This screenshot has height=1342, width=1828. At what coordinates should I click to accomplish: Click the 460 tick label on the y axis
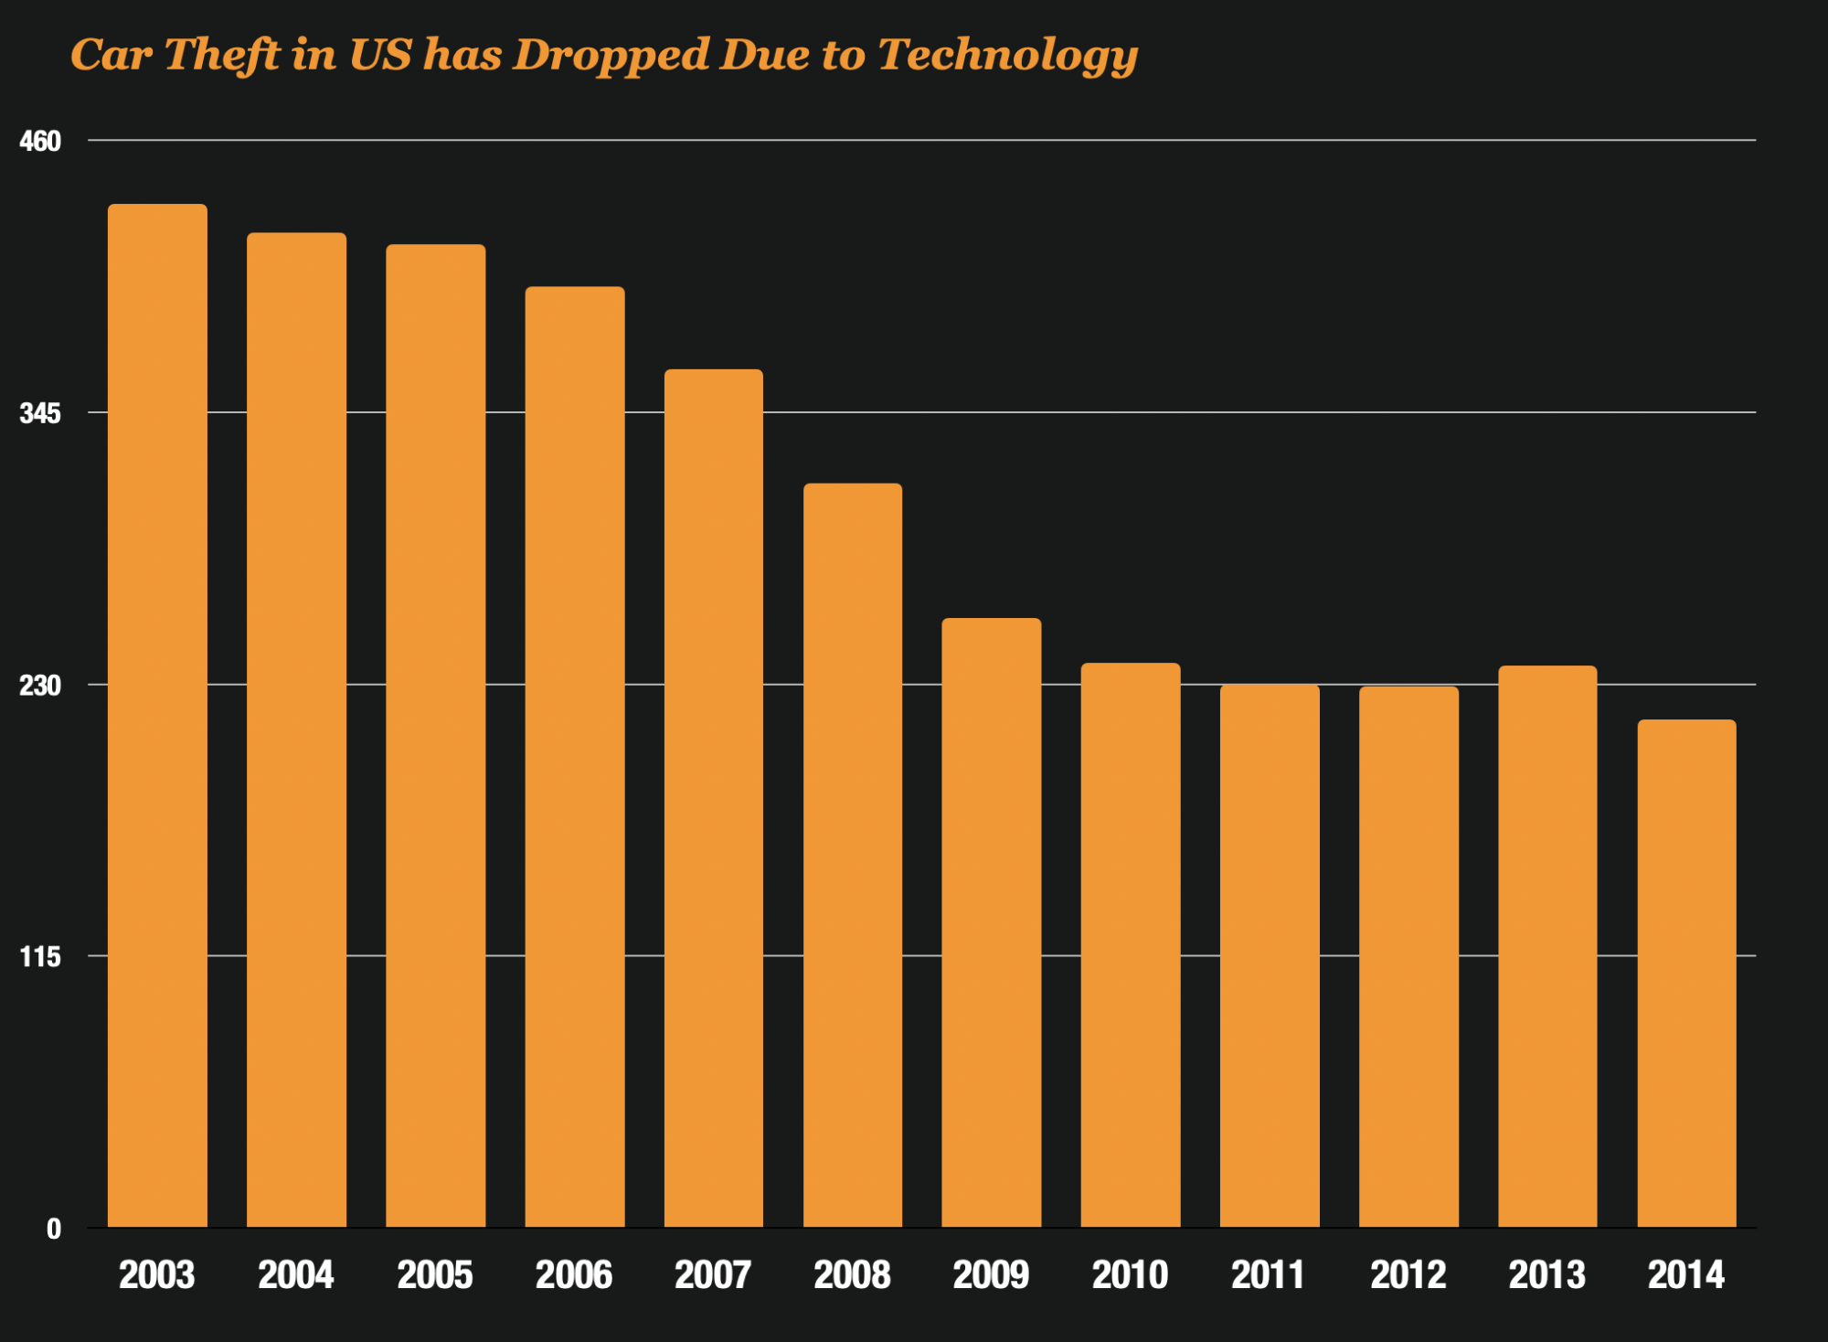(x=40, y=141)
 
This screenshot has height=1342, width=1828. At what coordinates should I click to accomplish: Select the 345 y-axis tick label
(x=40, y=413)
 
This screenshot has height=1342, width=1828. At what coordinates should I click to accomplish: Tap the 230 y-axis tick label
(x=40, y=685)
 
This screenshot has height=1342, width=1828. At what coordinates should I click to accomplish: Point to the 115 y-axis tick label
(x=40, y=956)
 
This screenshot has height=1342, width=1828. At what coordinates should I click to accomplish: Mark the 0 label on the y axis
(x=54, y=1229)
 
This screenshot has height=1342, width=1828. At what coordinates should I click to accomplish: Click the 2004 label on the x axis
(x=296, y=1274)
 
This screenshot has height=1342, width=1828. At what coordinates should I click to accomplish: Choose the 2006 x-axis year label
(x=574, y=1274)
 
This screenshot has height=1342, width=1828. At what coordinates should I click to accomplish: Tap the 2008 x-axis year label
(x=852, y=1274)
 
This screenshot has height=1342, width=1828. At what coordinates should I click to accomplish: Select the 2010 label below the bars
(x=1131, y=1274)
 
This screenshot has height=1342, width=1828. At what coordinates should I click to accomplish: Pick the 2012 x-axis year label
(x=1408, y=1274)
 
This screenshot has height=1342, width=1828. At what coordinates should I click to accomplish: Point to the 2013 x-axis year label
(x=1547, y=1274)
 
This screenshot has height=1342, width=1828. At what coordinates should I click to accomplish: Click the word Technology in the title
(x=1008, y=56)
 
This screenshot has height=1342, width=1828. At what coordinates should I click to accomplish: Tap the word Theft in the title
(x=222, y=54)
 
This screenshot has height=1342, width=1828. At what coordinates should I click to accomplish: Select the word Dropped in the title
(x=611, y=56)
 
